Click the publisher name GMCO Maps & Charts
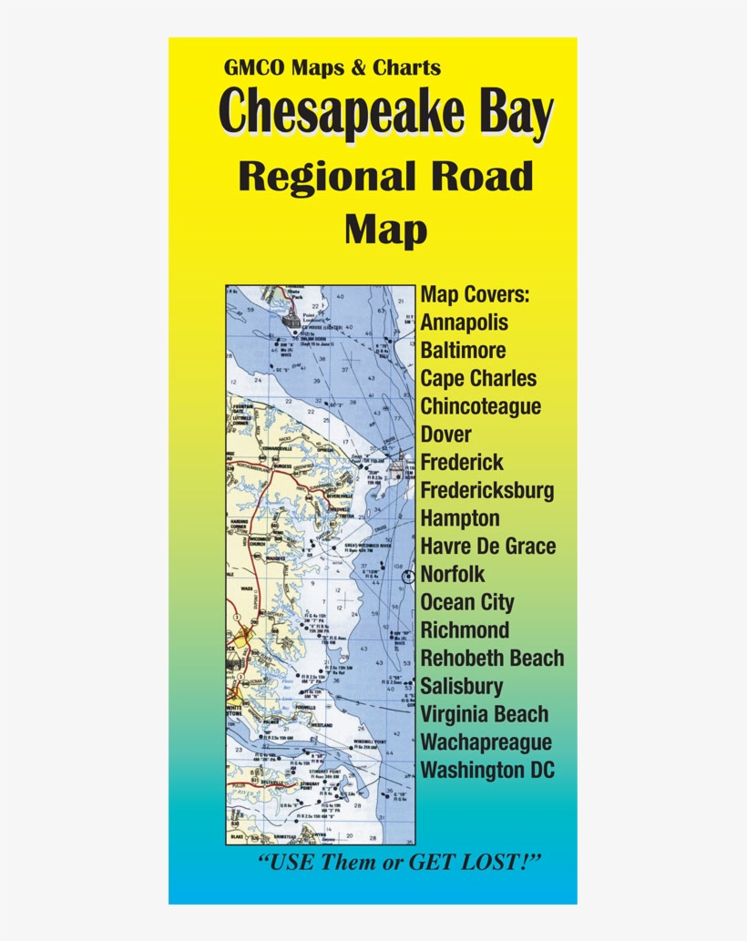pyautogui.click(x=332, y=67)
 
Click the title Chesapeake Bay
pyautogui.click(x=386, y=112)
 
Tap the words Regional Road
pyautogui.click(x=385, y=176)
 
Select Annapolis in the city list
pyautogui.click(x=465, y=322)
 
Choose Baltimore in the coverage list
pyautogui.click(x=464, y=351)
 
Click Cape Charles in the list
pyautogui.click(x=478, y=379)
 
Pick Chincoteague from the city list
pyautogui.click(x=480, y=406)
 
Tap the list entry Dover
pyautogui.click(x=446, y=435)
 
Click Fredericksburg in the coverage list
pyautogui.click(x=486, y=491)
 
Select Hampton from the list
pyautogui.click(x=460, y=518)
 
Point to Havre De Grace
pyautogui.click(x=487, y=547)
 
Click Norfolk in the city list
pyautogui.click(x=453, y=575)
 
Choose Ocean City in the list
pyautogui.click(x=467, y=603)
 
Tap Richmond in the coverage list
pyautogui.click(x=465, y=630)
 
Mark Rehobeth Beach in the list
pyautogui.click(x=492, y=659)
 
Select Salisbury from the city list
pyautogui.click(x=462, y=687)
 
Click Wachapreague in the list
pyautogui.click(x=486, y=742)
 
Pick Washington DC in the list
pyautogui.click(x=487, y=771)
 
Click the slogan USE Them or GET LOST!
pyautogui.click(x=400, y=862)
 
